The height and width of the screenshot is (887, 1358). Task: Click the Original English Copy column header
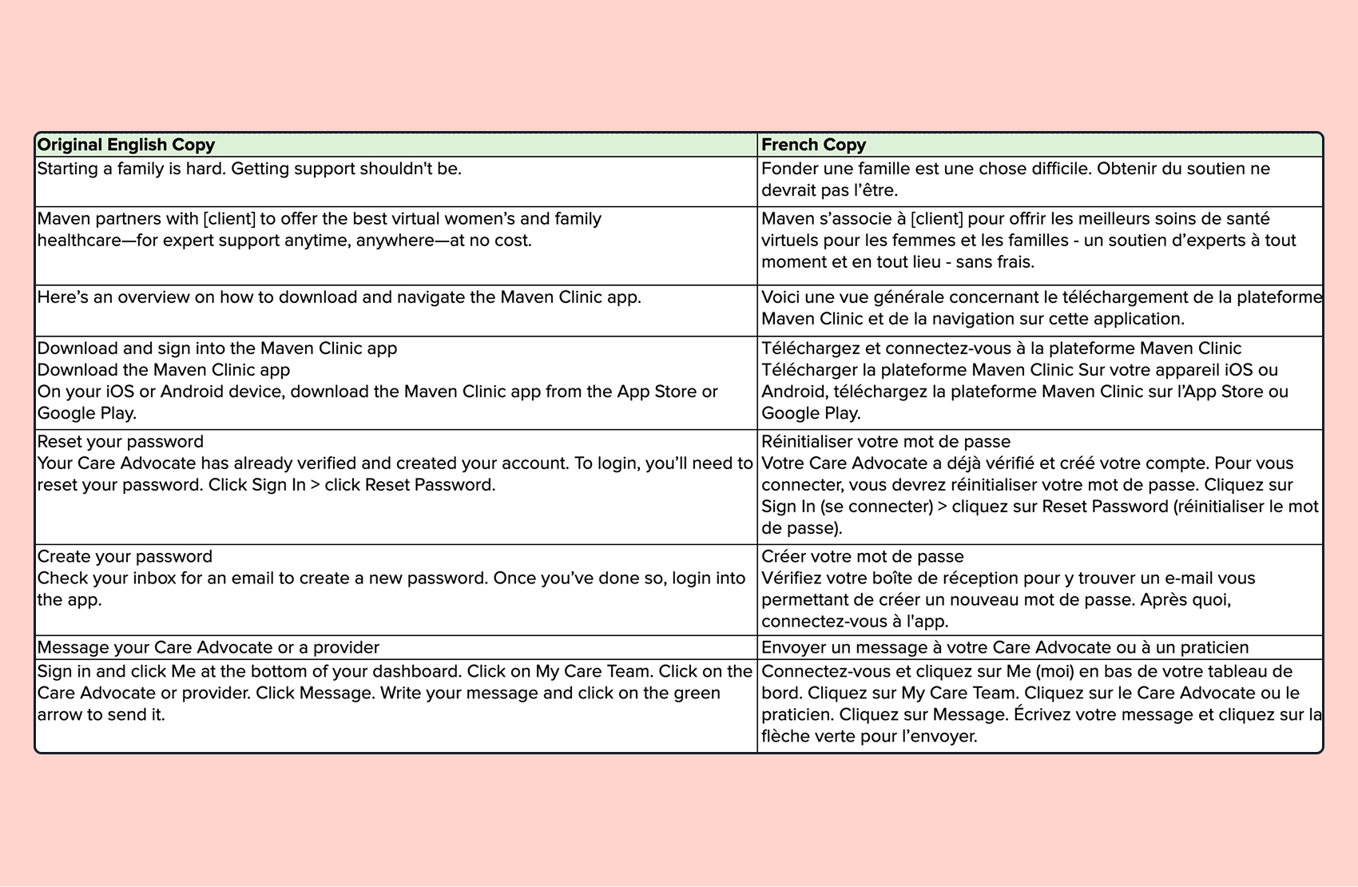pos(126,145)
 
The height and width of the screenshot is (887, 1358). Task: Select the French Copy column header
pos(813,145)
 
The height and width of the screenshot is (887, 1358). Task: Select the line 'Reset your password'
pos(121,442)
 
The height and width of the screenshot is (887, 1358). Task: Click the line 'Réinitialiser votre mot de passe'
pos(886,442)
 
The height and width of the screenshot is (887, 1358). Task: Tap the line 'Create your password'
pos(125,557)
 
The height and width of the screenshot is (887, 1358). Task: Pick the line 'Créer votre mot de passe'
pos(863,557)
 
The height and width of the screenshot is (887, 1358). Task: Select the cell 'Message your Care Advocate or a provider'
pos(208,647)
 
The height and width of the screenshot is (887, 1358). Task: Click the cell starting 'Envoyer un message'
pos(1005,647)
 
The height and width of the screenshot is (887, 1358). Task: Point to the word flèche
pos(785,737)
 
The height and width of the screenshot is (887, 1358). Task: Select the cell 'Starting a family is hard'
pos(249,169)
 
